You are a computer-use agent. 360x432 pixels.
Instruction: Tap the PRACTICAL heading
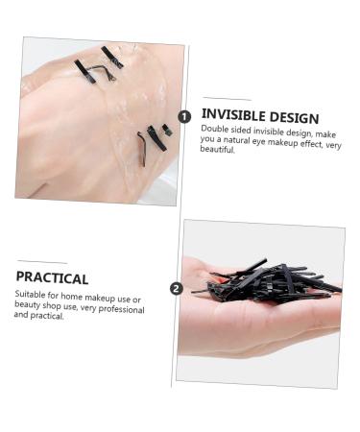pos(52,277)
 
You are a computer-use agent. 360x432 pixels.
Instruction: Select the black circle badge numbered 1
pos(185,115)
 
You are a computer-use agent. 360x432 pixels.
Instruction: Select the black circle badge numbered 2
pos(176,288)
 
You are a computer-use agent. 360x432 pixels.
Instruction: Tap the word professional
pos(117,309)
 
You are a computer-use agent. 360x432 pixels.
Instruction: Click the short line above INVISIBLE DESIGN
pos(227,99)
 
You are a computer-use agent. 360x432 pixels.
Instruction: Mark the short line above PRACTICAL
pos(42,261)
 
